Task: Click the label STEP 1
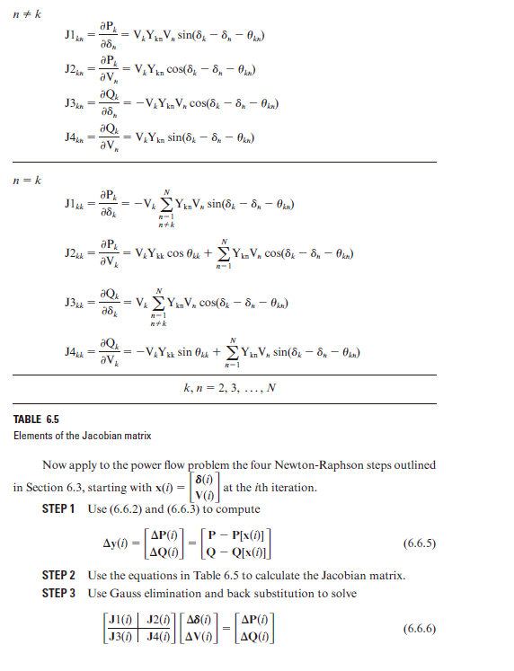tap(62, 510)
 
